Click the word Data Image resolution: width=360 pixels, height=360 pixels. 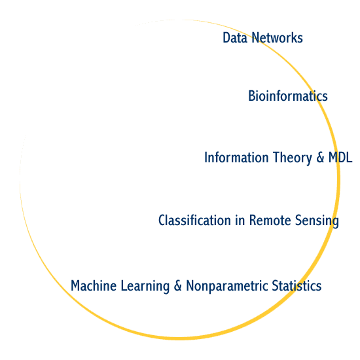tap(235, 38)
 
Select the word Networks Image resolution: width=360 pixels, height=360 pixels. tap(277, 38)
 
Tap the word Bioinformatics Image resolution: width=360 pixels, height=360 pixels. tap(288, 96)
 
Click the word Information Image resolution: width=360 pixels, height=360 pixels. tap(236, 158)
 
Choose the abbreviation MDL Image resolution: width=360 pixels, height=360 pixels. tap(340, 158)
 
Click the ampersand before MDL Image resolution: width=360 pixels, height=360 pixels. tap(320, 158)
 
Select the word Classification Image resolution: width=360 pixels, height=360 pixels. tap(194, 220)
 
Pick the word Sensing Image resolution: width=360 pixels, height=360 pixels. tap(317, 221)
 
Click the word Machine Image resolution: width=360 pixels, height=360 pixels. tap(94, 285)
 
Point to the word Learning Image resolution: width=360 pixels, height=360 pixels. tap(145, 287)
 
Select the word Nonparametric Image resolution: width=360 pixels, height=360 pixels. tap(227, 287)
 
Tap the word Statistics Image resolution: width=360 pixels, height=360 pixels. tap(297, 285)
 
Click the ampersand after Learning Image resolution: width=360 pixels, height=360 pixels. tap(177, 285)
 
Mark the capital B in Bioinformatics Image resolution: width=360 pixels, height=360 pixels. tap(252, 96)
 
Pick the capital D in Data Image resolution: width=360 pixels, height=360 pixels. tap(226, 38)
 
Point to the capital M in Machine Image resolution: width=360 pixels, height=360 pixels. tap(75, 285)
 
